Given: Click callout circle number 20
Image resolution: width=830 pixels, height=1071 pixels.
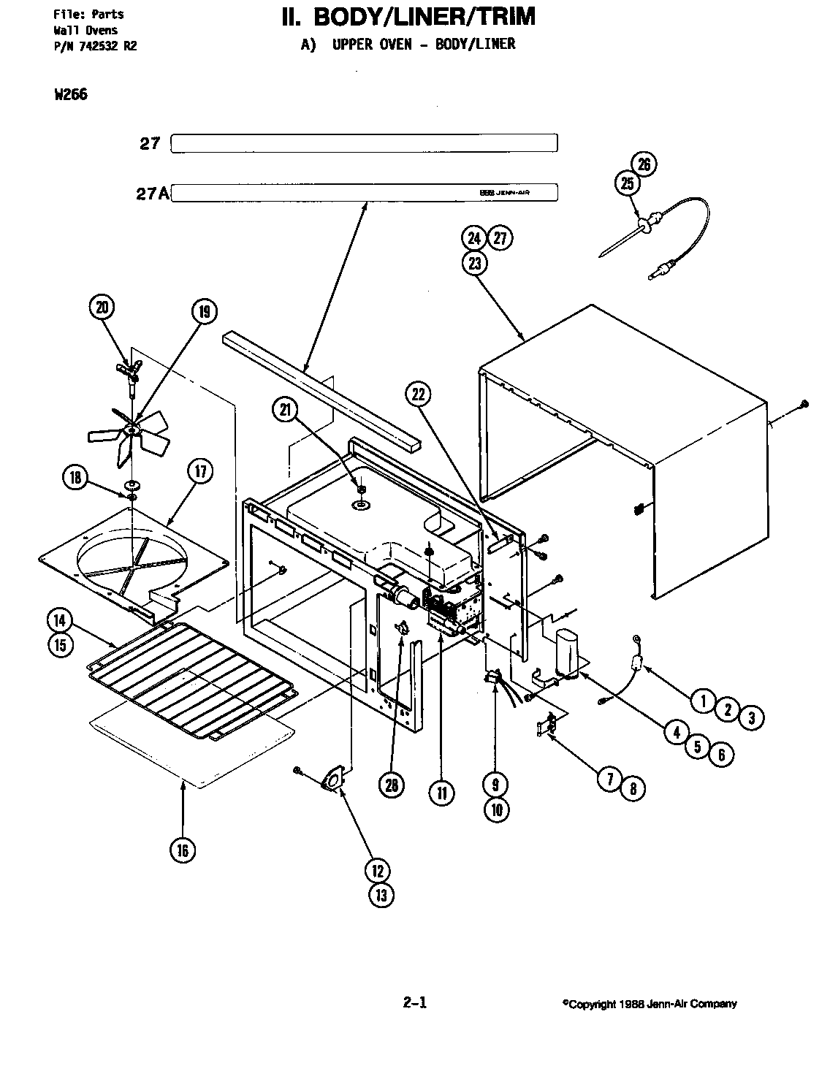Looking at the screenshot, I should click(x=102, y=308).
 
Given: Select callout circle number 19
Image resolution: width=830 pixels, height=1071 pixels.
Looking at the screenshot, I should click(x=204, y=312).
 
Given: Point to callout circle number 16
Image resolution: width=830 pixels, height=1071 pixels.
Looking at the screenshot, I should click(x=182, y=849).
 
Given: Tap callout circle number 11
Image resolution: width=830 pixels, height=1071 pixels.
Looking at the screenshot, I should click(x=441, y=793).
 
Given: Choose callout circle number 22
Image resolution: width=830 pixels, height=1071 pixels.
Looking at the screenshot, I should click(x=417, y=395).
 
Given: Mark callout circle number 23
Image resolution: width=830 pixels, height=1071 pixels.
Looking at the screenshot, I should click(x=475, y=263).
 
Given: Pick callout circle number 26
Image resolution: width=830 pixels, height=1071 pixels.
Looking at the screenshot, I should click(x=644, y=164).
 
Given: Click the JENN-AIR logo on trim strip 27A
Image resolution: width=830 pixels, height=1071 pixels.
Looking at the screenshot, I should click(x=500, y=193).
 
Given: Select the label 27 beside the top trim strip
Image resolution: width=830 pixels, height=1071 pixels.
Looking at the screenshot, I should click(x=150, y=143).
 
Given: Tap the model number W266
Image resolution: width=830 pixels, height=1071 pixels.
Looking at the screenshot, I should click(x=71, y=94).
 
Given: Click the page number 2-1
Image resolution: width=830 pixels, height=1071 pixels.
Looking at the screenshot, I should click(x=414, y=1003).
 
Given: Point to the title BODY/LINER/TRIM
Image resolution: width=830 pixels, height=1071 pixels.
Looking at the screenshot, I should click(x=408, y=17).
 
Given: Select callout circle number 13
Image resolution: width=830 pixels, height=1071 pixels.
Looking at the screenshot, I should click(x=381, y=895).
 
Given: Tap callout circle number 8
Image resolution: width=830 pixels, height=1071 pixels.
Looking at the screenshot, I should click(x=633, y=788).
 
